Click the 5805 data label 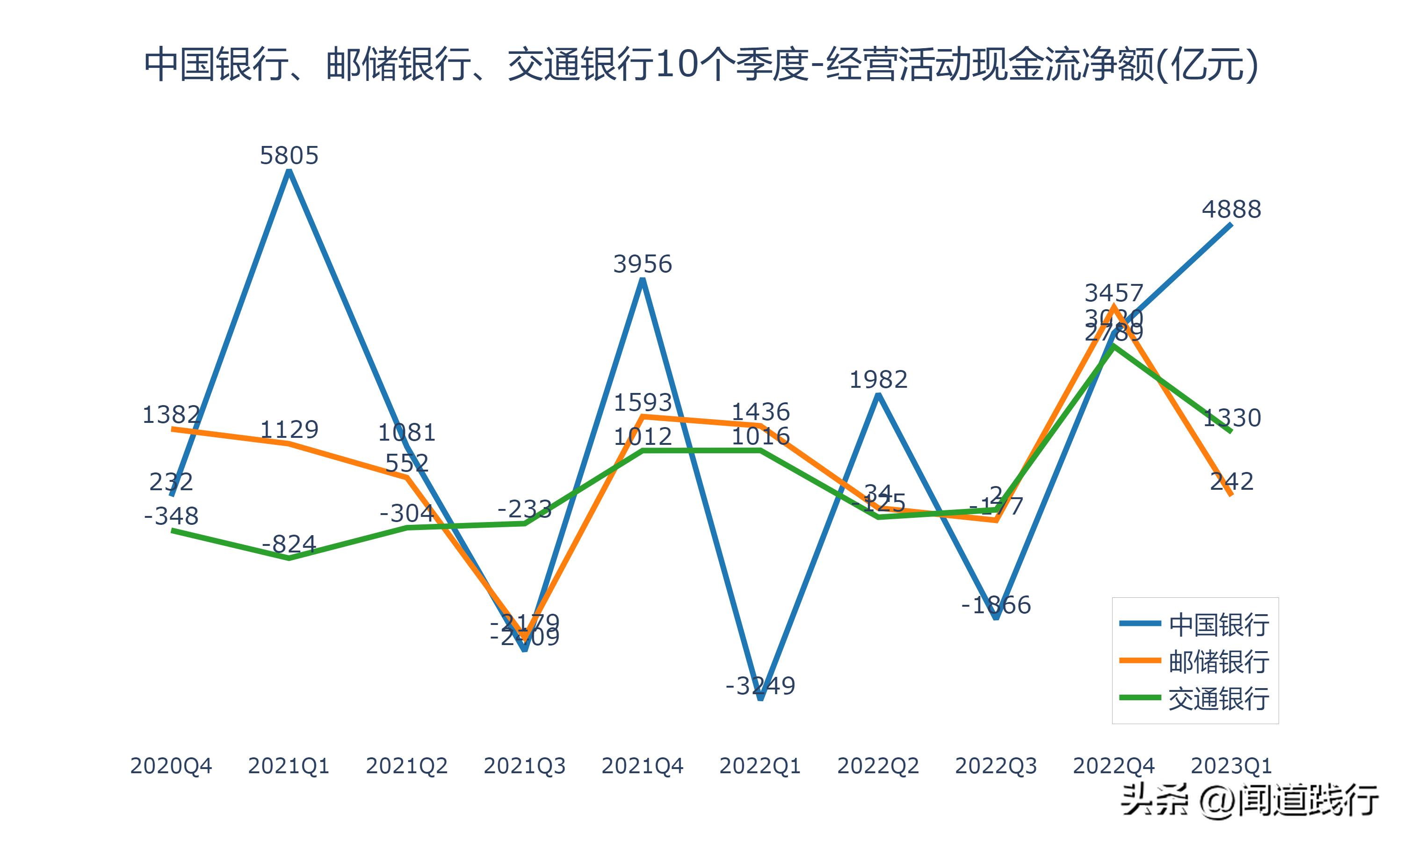click(289, 155)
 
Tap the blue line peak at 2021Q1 click(289, 172)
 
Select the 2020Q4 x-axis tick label click(171, 766)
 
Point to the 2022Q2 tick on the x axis click(878, 766)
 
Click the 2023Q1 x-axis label click(1231, 766)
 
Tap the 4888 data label click(1231, 210)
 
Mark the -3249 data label click(760, 686)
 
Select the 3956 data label click(642, 264)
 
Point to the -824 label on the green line click(289, 544)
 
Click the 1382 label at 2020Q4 click(171, 415)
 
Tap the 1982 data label click(878, 379)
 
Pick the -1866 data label click(996, 605)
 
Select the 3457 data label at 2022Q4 click(1114, 293)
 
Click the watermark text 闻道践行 click(1321, 800)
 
